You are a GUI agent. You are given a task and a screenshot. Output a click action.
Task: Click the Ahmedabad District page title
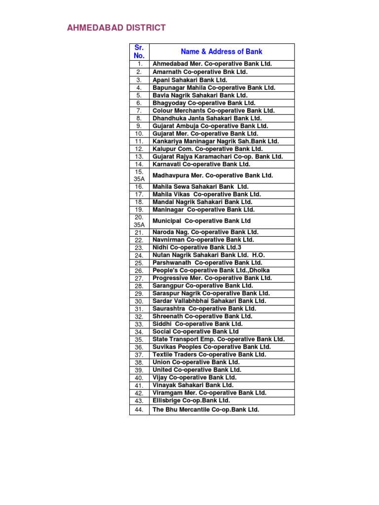[x=116, y=28]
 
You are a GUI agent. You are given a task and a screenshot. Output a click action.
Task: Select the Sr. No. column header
[x=139, y=51]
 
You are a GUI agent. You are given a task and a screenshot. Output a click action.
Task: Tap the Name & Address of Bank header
[x=222, y=51]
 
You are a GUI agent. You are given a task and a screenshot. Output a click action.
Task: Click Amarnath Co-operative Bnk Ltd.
[x=200, y=72]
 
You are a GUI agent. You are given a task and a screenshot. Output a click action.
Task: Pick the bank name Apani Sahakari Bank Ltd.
[x=190, y=80]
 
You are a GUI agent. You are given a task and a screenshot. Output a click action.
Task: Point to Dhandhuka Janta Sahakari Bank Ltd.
[x=207, y=118]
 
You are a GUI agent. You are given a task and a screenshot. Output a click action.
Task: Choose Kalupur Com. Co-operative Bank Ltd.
[x=208, y=149]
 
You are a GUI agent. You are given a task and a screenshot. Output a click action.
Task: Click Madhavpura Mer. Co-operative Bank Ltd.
[x=213, y=176]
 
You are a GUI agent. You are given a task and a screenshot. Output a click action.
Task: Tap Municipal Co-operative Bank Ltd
[x=202, y=221]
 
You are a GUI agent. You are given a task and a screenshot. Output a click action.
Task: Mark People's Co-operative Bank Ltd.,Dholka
[x=211, y=271]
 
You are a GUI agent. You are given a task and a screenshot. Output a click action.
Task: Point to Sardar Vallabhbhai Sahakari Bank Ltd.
[x=209, y=301]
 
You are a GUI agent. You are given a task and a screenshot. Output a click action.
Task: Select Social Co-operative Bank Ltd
[x=196, y=332]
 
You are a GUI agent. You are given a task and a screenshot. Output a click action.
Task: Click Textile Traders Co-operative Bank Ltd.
[x=209, y=355]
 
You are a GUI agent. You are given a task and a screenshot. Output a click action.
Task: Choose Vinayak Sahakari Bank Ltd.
[x=193, y=385]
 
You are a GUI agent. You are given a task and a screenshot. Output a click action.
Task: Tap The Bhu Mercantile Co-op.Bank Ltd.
[x=206, y=410]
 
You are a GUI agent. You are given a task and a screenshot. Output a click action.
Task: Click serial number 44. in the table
[x=139, y=410]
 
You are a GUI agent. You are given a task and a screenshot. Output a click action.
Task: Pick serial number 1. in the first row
[x=139, y=64]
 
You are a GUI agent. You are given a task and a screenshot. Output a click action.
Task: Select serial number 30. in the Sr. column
[x=139, y=301]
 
